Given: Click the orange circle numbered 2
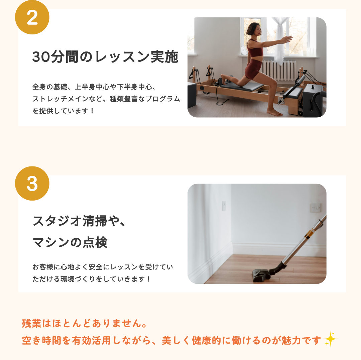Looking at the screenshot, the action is (32, 17).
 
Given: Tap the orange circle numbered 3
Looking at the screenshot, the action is (32, 184).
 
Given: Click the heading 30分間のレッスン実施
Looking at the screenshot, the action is (105, 57).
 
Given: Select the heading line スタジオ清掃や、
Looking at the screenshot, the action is (79, 221).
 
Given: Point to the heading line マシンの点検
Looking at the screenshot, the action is (70, 242).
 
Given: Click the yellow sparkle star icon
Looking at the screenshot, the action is (331, 339).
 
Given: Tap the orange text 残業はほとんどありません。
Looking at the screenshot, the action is (85, 323).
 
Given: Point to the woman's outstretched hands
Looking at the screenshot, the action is (287, 39).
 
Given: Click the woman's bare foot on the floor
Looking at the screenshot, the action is (275, 113).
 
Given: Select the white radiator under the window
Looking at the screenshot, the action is (279, 70).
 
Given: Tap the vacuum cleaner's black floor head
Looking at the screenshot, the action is (261, 275).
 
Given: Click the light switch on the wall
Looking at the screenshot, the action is (316, 208).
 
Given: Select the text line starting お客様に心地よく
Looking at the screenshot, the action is (103, 267).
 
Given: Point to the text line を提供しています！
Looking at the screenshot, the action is (63, 111).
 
